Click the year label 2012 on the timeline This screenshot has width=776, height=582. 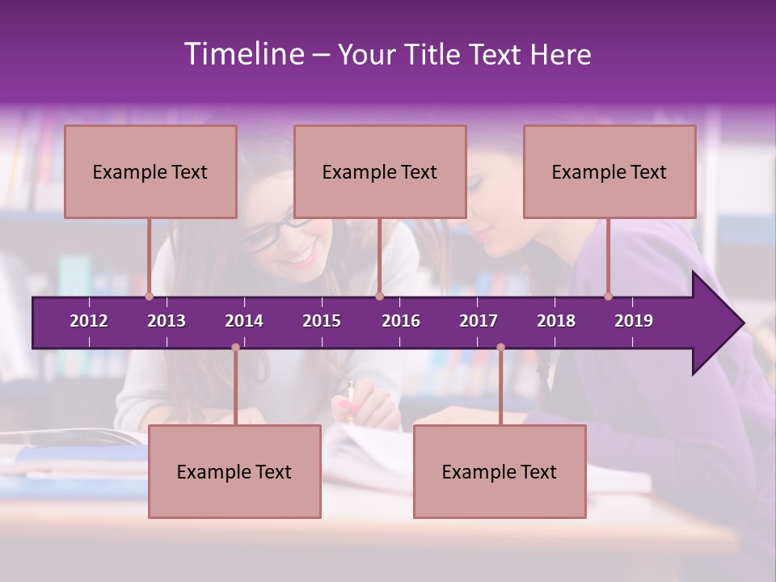click(89, 321)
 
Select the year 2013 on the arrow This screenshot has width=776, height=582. click(167, 321)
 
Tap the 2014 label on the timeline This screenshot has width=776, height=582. click(244, 321)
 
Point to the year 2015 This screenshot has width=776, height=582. click(322, 321)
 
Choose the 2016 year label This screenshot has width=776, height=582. click(401, 321)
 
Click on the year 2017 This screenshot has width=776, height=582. click(479, 321)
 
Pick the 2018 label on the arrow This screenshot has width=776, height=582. click(556, 321)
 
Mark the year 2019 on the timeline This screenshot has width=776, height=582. click(634, 321)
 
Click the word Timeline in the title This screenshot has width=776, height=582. click(242, 54)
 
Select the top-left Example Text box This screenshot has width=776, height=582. click(150, 172)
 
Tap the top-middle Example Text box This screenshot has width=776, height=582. click(380, 172)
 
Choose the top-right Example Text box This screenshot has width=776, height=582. click(609, 172)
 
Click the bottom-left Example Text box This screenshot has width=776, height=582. click(234, 472)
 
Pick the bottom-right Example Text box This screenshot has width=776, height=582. click(500, 472)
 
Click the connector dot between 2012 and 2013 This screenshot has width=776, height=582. click(149, 297)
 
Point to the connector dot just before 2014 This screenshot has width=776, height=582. click(235, 348)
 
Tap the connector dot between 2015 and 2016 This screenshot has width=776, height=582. click(379, 297)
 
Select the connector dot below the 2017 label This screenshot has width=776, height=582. click(500, 348)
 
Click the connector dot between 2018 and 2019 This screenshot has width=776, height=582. click(608, 297)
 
